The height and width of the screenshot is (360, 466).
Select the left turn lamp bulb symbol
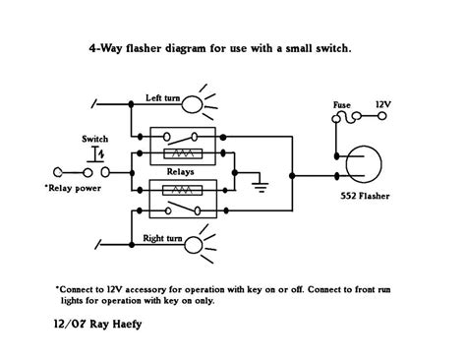(197, 103)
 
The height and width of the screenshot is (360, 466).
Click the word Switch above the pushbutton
(93, 140)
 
